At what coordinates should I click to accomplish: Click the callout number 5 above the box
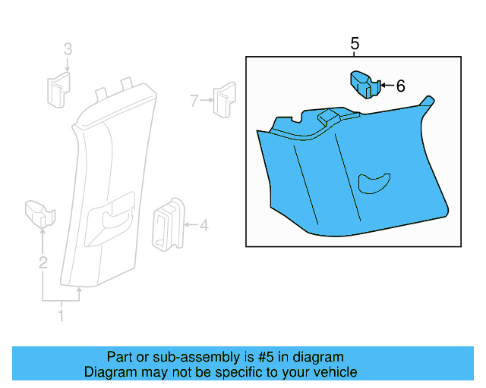pos(355,45)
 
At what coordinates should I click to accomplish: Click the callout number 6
pos(400,86)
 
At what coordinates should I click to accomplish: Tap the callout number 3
pos(68,50)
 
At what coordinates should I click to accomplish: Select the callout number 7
pos(194,100)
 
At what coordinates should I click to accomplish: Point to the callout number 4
pos(204,225)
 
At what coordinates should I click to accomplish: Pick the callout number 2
pos(43,263)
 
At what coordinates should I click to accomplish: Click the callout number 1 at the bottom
pos(62,314)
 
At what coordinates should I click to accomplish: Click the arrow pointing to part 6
pos(384,86)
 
